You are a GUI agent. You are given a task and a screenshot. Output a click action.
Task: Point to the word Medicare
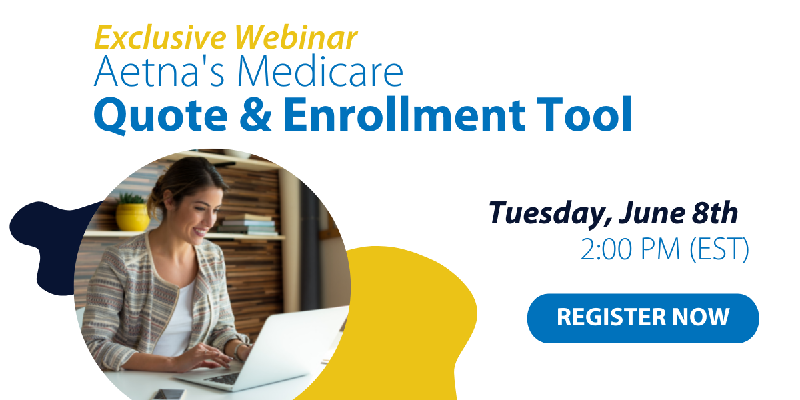click(x=321, y=71)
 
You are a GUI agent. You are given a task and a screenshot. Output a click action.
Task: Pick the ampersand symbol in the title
click(x=255, y=114)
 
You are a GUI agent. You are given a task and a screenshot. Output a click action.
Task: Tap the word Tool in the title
click(x=585, y=114)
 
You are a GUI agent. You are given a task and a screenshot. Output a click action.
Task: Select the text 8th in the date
click(x=715, y=213)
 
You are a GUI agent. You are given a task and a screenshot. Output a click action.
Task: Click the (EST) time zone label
click(x=719, y=249)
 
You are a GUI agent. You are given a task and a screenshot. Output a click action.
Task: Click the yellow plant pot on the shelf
click(x=133, y=217)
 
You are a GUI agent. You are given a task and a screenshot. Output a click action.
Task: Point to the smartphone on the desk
click(x=169, y=394)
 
